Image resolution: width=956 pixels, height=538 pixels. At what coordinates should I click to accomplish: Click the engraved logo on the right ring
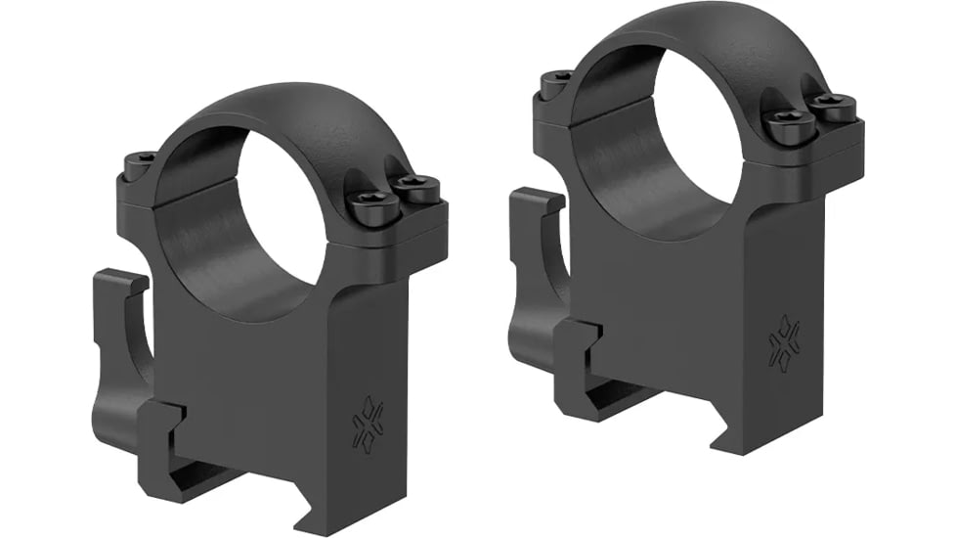783,343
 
